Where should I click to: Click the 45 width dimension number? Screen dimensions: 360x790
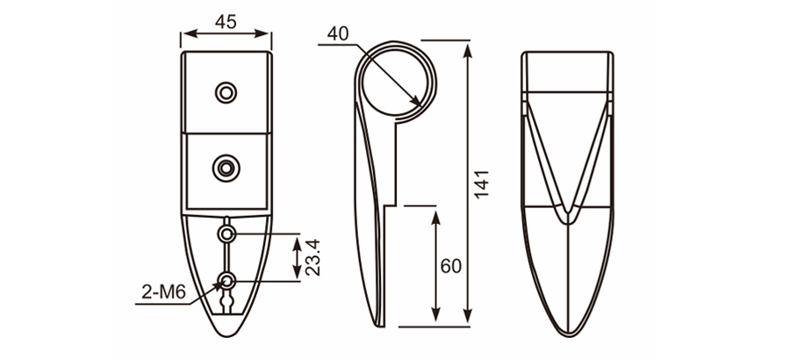point(226,23)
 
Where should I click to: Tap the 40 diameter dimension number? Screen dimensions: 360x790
point(337,34)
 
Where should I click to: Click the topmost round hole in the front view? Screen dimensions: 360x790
point(226,92)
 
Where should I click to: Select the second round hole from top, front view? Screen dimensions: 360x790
point(226,165)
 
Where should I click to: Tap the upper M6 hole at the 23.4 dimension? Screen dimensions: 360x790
point(226,234)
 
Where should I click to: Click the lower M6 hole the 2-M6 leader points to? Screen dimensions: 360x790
point(226,281)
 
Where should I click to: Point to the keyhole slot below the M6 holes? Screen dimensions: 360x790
point(226,302)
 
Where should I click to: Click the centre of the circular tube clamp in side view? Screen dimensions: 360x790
point(398,76)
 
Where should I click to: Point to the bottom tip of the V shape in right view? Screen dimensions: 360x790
point(567,214)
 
